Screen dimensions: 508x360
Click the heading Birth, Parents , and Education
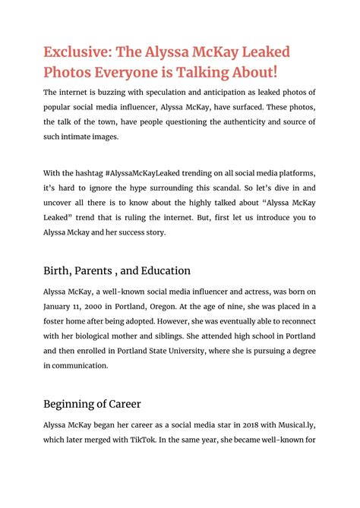[117, 270]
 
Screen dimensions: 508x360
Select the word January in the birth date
[61, 307]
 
